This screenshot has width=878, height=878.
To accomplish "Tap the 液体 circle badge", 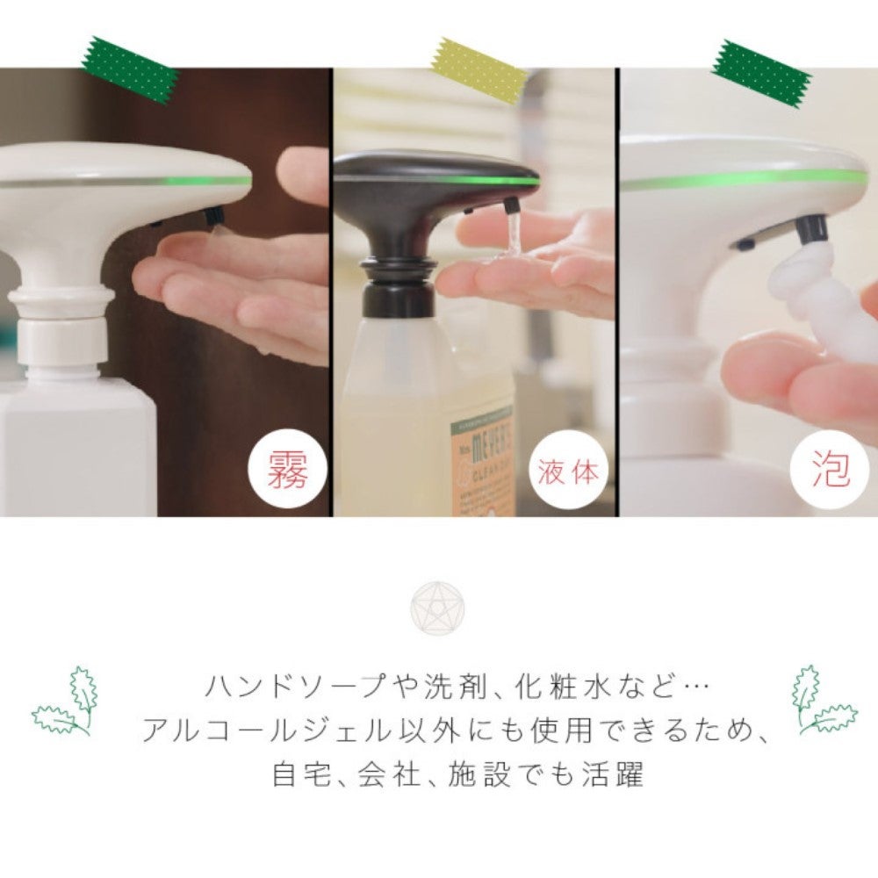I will tap(570, 471).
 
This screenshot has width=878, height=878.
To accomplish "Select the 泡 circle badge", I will tap(830, 471).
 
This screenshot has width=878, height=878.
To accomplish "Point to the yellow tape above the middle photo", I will tap(479, 70).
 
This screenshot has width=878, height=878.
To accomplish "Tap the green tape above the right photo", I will tap(761, 73).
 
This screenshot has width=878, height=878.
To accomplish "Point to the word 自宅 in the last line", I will tap(296, 774).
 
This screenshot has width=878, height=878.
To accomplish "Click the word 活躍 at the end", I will tap(618, 774).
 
